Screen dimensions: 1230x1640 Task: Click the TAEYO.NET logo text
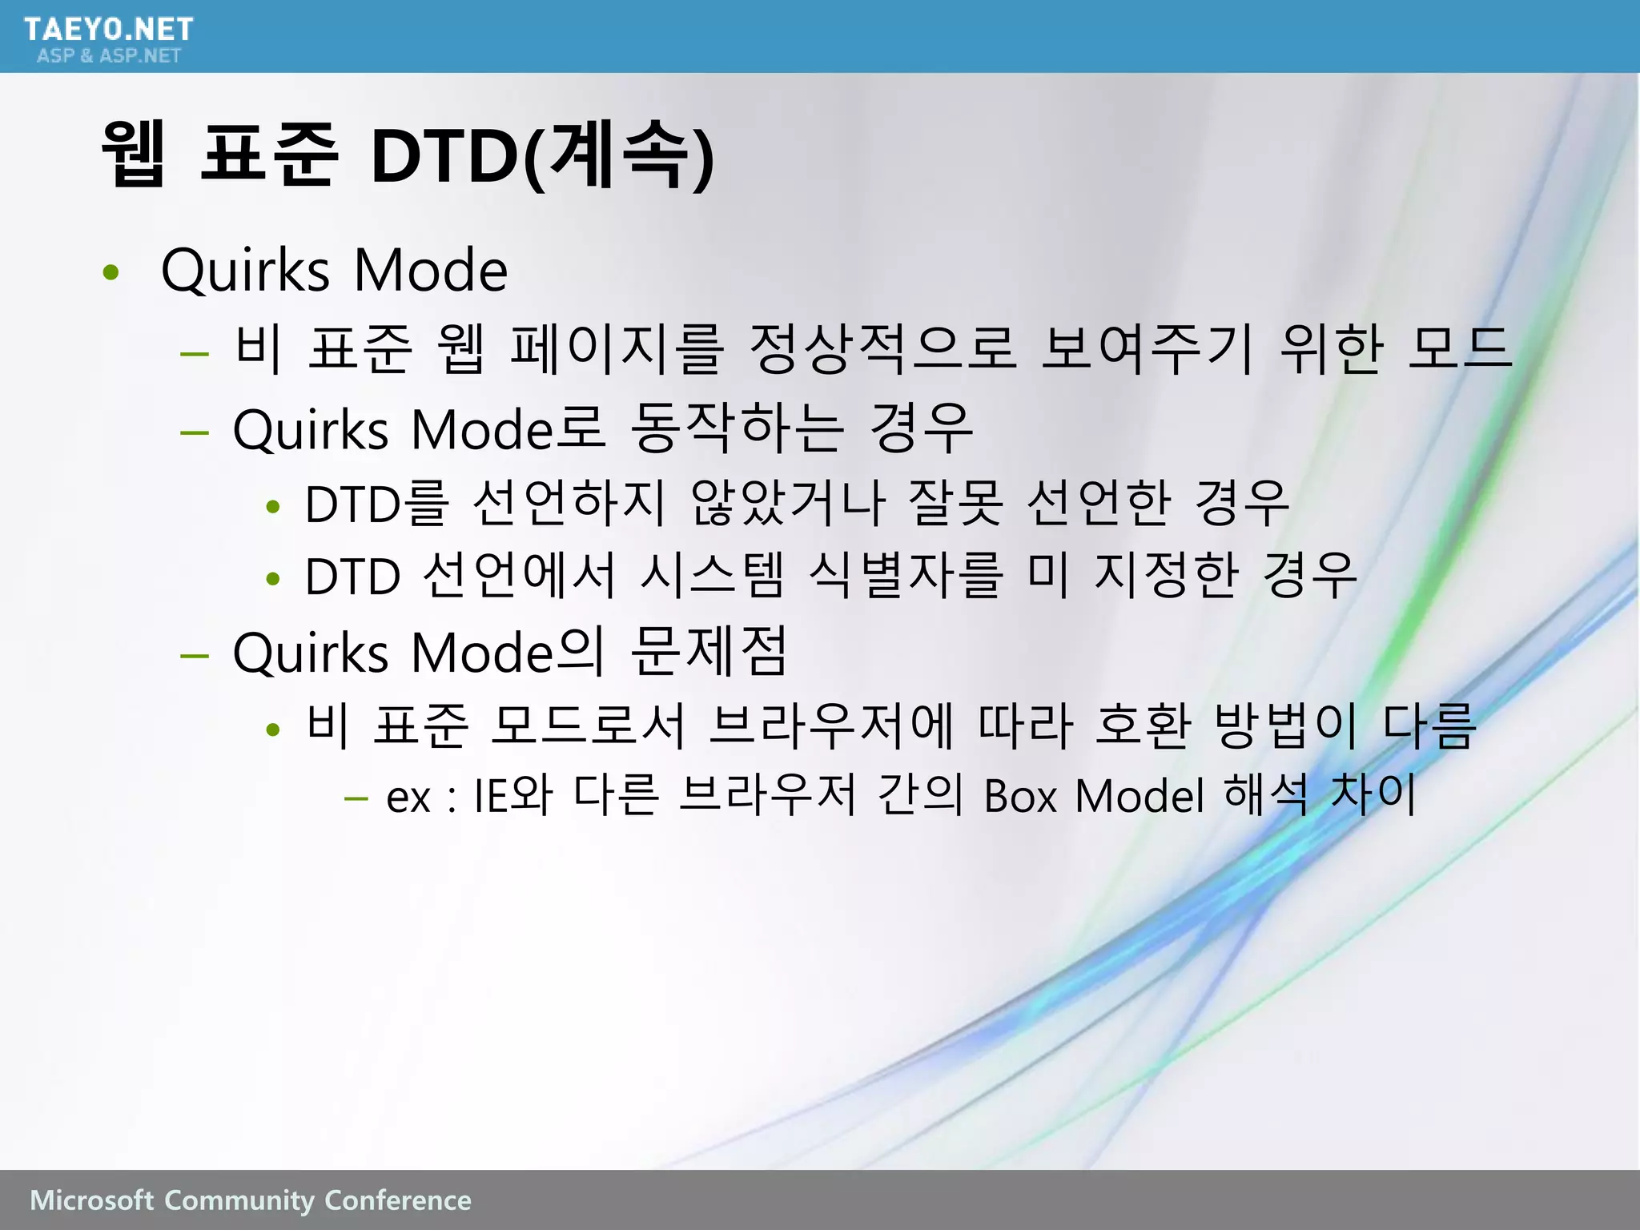(108, 29)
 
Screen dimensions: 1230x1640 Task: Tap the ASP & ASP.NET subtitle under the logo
(109, 55)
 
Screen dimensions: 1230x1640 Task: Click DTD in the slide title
(445, 155)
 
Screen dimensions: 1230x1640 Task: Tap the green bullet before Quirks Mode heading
(111, 272)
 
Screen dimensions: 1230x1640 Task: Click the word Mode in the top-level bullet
(430, 271)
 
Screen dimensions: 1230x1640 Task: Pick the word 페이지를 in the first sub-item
(617, 349)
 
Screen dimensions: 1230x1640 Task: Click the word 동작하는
(737, 428)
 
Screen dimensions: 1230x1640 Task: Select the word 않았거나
(788, 503)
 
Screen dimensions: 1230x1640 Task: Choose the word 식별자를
(906, 575)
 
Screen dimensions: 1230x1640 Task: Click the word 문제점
(709, 652)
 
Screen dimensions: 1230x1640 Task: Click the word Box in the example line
(1021, 796)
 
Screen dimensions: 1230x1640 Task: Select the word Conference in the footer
(397, 1200)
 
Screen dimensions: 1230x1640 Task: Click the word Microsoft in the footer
(91, 1200)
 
